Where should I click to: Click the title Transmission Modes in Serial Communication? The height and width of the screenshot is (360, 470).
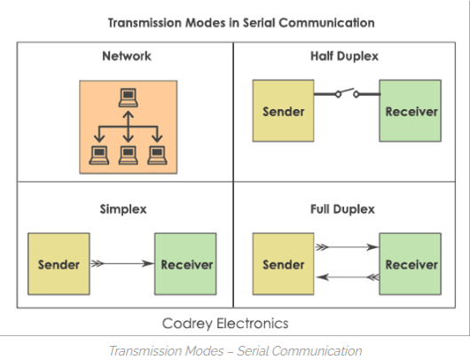coord(241,23)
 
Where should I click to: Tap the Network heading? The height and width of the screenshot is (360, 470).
coord(127,56)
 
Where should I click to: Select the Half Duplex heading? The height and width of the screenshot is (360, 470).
coord(344,57)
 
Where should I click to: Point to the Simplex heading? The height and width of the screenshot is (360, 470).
coord(123,209)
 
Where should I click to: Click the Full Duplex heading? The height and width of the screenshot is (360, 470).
coord(342,209)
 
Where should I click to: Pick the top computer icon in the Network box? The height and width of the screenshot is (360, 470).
coord(129,98)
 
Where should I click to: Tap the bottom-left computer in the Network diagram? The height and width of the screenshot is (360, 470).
coord(99,155)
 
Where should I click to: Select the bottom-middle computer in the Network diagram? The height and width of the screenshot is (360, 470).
coord(129,155)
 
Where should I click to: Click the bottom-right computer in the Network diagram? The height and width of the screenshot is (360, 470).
coord(157,155)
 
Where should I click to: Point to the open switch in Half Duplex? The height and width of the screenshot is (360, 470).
coord(347,93)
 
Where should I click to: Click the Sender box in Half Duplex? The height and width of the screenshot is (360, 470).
coord(283,111)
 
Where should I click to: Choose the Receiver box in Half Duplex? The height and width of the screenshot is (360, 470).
coord(411,111)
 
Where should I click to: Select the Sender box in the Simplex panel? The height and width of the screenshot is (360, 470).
coord(59,264)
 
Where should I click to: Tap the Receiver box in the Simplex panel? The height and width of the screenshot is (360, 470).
coord(185,264)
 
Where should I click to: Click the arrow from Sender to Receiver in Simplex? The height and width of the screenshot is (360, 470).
coord(122,263)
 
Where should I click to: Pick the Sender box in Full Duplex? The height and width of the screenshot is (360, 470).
coord(283,264)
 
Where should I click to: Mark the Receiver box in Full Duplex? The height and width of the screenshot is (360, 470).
coord(411,264)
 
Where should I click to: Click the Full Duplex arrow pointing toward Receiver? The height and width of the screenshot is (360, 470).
coord(347,247)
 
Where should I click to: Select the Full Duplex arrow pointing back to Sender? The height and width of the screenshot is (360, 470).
coord(348,278)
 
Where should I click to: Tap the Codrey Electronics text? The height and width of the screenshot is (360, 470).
coord(225,324)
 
